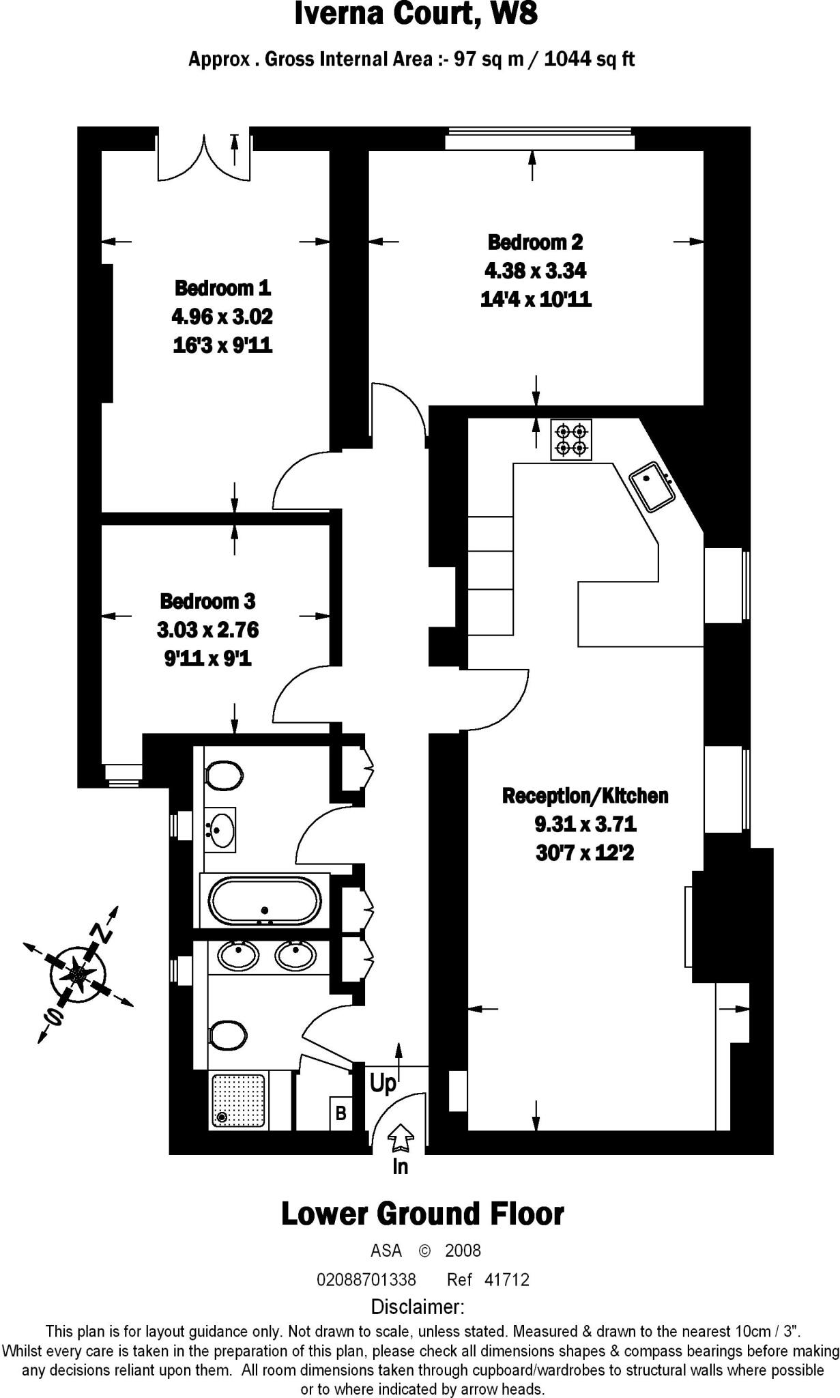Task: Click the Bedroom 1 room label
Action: click(x=222, y=288)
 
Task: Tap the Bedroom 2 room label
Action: click(x=535, y=242)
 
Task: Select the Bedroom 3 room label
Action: click(x=207, y=601)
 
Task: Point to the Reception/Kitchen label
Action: click(x=585, y=796)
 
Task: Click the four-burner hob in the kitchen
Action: click(x=571, y=440)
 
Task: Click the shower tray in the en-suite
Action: click(x=238, y=1100)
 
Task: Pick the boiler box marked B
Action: click(x=341, y=1113)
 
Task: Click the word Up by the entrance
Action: click(x=383, y=1083)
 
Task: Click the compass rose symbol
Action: click(x=78, y=971)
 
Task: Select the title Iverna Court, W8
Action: click(x=416, y=15)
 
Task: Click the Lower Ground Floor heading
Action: click(x=422, y=1214)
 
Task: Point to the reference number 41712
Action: click(x=506, y=1279)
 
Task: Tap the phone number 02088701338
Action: click(x=366, y=1279)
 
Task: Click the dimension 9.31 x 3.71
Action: click(x=585, y=825)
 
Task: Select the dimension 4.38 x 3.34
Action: click(x=535, y=271)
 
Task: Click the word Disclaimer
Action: click(x=418, y=1307)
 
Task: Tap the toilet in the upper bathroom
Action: click(x=224, y=775)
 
